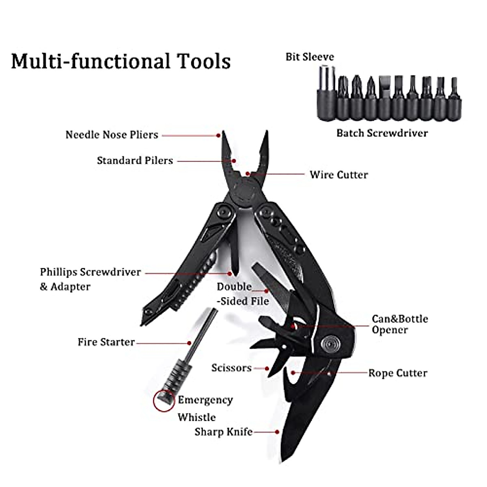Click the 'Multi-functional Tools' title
tap(121, 62)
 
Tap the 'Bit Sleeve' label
tap(310, 57)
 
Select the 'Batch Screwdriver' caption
tap(382, 133)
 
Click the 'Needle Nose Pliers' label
tap(112, 135)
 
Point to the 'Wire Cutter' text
tap(338, 175)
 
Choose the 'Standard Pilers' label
tap(135, 161)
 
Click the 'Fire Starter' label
tap(106, 342)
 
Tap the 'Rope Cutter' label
tap(397, 373)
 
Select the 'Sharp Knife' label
tap(223, 432)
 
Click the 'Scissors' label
tap(231, 368)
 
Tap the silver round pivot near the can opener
tap(329, 344)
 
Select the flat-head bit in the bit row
tap(385, 97)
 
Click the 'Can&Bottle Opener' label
tap(399, 324)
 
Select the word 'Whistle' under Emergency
tap(196, 417)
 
